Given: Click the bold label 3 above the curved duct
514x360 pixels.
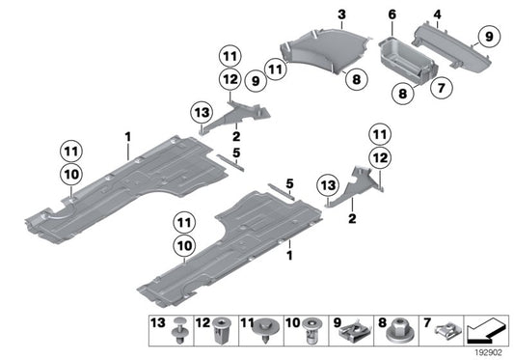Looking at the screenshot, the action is (x=341, y=14).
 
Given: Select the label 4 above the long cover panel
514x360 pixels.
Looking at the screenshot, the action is (x=437, y=14).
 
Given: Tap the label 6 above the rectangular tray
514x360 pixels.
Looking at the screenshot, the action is (x=392, y=14).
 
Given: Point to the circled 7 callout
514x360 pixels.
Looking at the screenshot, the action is (x=442, y=88).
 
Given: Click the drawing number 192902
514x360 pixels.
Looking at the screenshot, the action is (x=489, y=352).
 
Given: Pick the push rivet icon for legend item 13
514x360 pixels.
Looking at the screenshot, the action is (x=179, y=330).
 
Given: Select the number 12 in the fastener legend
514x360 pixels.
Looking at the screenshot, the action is (x=203, y=323).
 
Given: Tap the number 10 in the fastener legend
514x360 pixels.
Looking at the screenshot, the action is (x=292, y=323).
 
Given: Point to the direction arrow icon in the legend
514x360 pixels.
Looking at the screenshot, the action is (x=486, y=330).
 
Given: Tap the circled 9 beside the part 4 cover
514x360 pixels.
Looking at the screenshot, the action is (x=489, y=36).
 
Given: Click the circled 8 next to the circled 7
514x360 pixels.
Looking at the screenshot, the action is (x=402, y=94).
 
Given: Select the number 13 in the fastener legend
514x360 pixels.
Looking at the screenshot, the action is (x=158, y=323).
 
